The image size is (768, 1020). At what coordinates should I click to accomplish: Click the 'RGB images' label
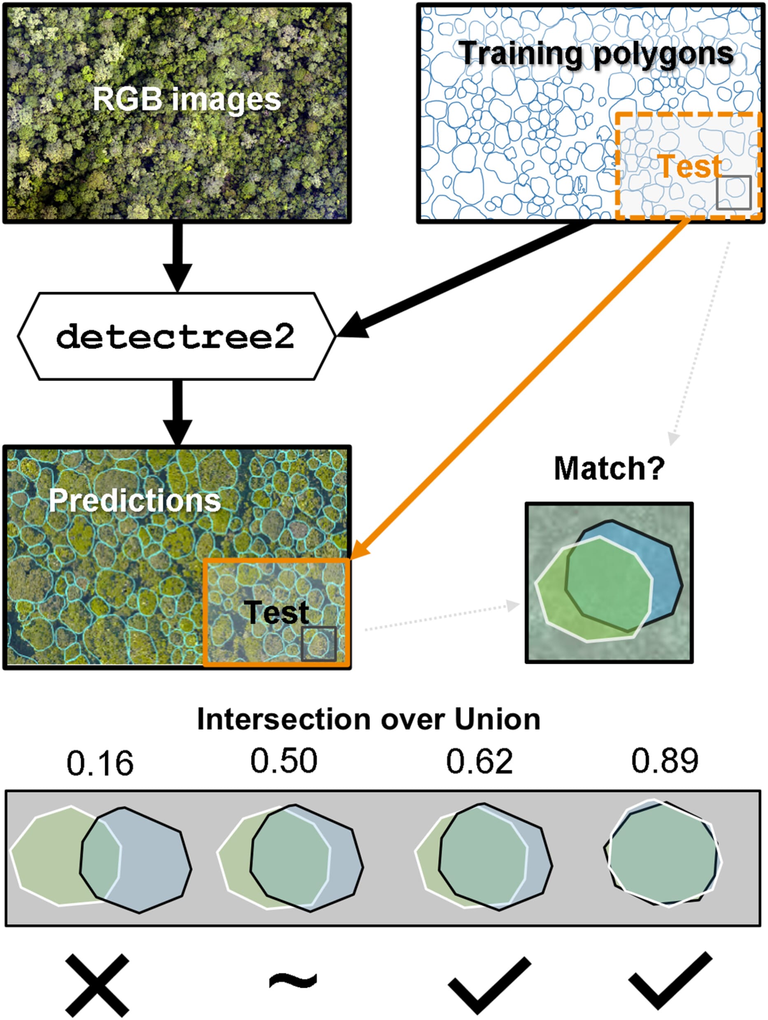[186, 99]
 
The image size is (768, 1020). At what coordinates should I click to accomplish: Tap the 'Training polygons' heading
[596, 54]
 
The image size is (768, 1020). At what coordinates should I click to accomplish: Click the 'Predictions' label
[134, 500]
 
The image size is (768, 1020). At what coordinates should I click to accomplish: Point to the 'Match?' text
[609, 468]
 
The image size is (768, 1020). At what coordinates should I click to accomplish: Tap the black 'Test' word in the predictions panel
[276, 612]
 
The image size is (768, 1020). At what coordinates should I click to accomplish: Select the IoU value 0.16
[100, 763]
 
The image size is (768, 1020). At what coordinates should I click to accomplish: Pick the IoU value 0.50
[284, 761]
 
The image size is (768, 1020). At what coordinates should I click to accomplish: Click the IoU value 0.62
[479, 761]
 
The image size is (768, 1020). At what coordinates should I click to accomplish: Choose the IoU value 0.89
[665, 761]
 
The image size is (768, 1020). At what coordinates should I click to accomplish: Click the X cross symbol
[97, 985]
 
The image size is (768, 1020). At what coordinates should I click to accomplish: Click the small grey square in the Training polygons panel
[733, 192]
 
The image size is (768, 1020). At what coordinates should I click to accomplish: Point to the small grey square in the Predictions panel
[318, 643]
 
